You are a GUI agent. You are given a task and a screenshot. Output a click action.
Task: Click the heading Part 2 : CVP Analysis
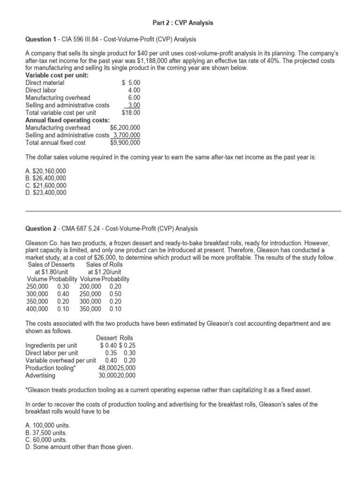coord(183,22)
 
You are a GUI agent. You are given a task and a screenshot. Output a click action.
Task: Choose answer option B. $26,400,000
coord(46,179)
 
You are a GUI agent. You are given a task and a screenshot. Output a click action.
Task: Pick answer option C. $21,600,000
coord(46,186)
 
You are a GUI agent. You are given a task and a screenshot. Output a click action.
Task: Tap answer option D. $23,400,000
coord(46,192)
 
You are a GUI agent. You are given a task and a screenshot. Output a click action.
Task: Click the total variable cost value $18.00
coord(131,112)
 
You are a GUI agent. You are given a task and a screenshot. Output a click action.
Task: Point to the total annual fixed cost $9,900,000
coord(125,142)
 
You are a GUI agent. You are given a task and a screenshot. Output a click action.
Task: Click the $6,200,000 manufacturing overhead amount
coord(125,127)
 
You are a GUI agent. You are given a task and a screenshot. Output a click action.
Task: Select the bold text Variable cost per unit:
coord(57,75)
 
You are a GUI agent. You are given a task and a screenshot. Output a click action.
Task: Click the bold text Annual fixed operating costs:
coord(67,120)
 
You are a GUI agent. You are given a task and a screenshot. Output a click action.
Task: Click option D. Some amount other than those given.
coord(79,447)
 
